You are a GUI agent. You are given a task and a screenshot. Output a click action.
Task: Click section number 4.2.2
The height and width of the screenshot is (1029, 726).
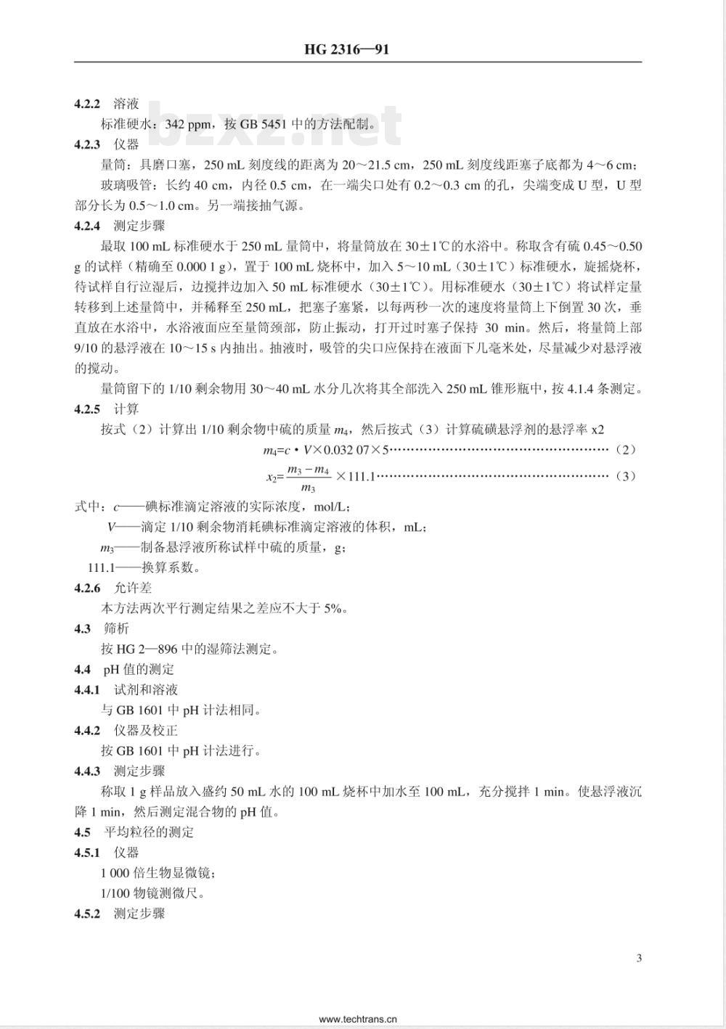(87, 104)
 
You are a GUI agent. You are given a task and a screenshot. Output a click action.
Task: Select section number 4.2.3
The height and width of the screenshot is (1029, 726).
(87, 144)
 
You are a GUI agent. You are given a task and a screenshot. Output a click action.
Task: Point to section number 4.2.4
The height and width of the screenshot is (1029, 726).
(87, 226)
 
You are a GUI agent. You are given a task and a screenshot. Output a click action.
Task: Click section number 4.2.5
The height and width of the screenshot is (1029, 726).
(87, 409)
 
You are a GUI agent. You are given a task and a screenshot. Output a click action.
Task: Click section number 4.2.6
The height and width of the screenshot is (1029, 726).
(87, 588)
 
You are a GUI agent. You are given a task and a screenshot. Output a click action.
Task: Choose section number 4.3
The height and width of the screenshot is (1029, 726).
(82, 628)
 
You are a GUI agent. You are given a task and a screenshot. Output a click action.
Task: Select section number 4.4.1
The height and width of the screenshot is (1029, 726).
(87, 689)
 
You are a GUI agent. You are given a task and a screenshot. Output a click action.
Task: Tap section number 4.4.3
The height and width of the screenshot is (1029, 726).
(87, 771)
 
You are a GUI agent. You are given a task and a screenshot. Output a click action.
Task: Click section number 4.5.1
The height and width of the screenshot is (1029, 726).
(87, 853)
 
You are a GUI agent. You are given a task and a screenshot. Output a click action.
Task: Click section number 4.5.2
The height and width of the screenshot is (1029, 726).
(87, 914)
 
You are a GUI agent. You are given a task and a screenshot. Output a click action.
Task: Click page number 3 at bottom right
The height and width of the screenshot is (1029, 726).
(639, 958)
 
